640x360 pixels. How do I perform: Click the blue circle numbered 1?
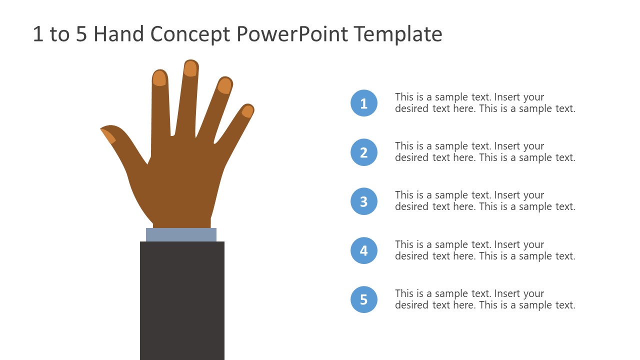(363, 103)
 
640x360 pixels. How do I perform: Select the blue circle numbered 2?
(363, 152)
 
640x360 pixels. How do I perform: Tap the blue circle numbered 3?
(363, 201)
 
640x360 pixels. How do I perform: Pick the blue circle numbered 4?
(363, 250)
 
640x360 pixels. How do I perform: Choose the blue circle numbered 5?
(363, 299)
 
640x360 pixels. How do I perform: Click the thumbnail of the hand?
(108, 135)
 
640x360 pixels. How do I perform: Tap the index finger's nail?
(159, 78)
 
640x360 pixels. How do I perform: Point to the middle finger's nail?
(190, 68)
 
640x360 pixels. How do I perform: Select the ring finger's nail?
(224, 86)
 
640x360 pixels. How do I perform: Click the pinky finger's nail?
(247, 111)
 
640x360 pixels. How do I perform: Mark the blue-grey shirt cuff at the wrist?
(181, 234)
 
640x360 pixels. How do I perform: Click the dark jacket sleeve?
(182, 300)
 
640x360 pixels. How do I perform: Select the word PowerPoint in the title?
(291, 34)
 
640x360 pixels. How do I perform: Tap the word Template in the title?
(398, 34)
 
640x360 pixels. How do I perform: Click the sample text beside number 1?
(484, 102)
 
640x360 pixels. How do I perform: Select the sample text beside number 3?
(484, 200)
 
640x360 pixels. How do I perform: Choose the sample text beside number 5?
(484, 299)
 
